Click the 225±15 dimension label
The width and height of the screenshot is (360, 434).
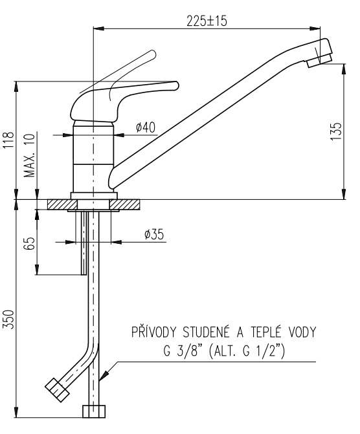pos(207,21)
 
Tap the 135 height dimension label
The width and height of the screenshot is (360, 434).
pos(336,131)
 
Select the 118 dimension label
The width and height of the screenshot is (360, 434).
pos(8,140)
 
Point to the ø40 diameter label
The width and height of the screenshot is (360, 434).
pos(146,127)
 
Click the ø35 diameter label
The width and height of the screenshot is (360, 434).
pos(154,234)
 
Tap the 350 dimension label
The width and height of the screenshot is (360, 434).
pos(8,320)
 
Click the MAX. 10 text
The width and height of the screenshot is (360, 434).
pos(29,155)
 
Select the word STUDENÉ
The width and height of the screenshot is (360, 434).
pos(206,332)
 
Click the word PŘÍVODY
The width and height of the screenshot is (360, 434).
pos(154,332)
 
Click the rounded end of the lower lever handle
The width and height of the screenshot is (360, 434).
pos(175,85)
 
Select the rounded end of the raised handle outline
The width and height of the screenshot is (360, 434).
pos(152,54)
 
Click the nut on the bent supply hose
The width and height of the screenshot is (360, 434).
pos(57,390)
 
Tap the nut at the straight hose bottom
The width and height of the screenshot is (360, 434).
pos(94,411)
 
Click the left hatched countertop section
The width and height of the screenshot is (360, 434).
pos(62,204)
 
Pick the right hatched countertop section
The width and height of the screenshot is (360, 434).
pos(125,204)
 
